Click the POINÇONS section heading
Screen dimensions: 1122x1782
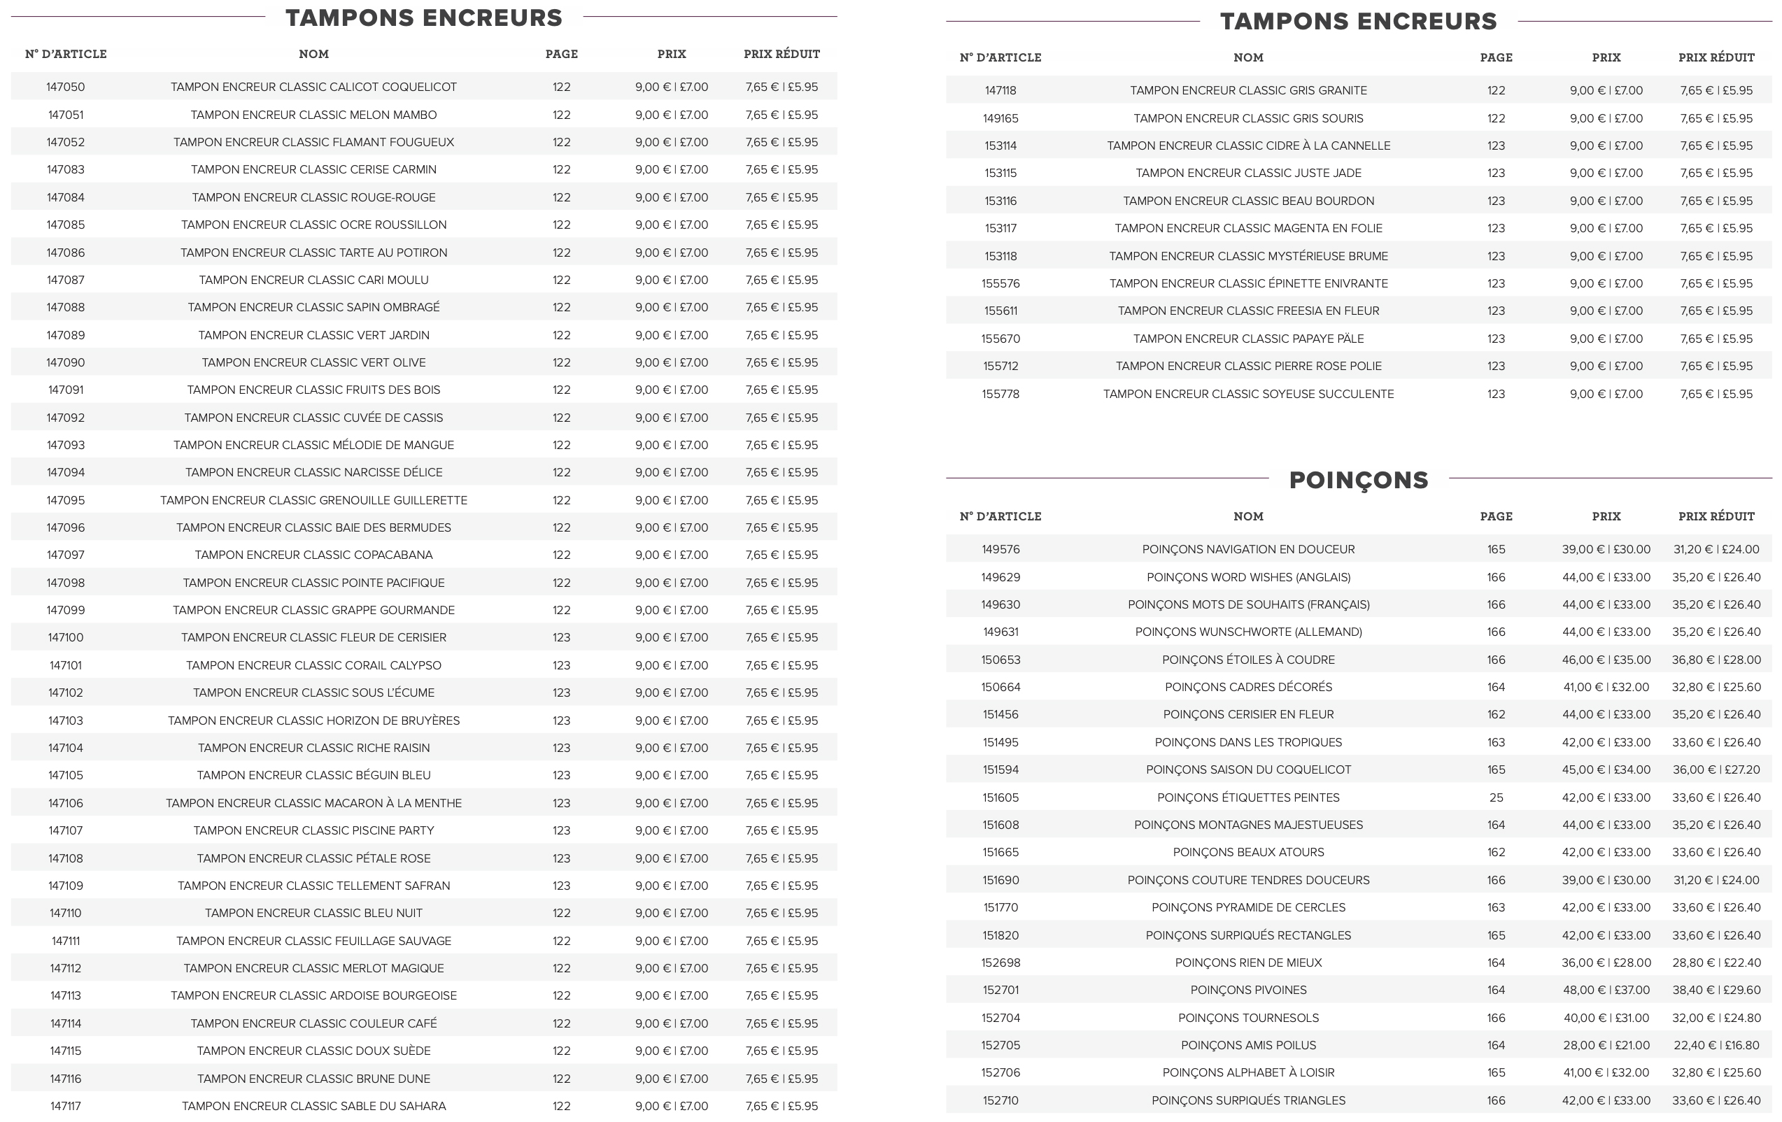click(x=1358, y=480)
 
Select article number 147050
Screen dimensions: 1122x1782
click(x=65, y=87)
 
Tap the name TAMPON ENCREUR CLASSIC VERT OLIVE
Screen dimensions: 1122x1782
click(x=313, y=362)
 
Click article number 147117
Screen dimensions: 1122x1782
click(x=65, y=1107)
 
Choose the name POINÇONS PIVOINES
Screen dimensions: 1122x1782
click(x=1248, y=990)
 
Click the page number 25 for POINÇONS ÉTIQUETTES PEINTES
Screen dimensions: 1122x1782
click(x=1496, y=798)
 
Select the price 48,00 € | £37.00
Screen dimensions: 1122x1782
click(x=1606, y=990)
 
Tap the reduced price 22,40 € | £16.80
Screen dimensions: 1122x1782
click(x=1716, y=1045)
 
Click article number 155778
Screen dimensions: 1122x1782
click(x=1000, y=395)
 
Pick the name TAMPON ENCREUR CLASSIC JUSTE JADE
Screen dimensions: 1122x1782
click(x=1248, y=173)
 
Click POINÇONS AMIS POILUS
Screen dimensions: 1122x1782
click(x=1248, y=1045)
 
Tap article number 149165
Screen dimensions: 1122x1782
click(x=1000, y=118)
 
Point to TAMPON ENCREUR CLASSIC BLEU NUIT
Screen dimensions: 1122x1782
click(x=313, y=914)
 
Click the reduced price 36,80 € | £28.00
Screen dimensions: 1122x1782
click(x=1716, y=660)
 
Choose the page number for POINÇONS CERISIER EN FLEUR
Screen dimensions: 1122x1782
click(x=1496, y=715)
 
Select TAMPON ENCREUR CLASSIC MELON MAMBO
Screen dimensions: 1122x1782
click(x=313, y=115)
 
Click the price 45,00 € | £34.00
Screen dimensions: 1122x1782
click(x=1606, y=769)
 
